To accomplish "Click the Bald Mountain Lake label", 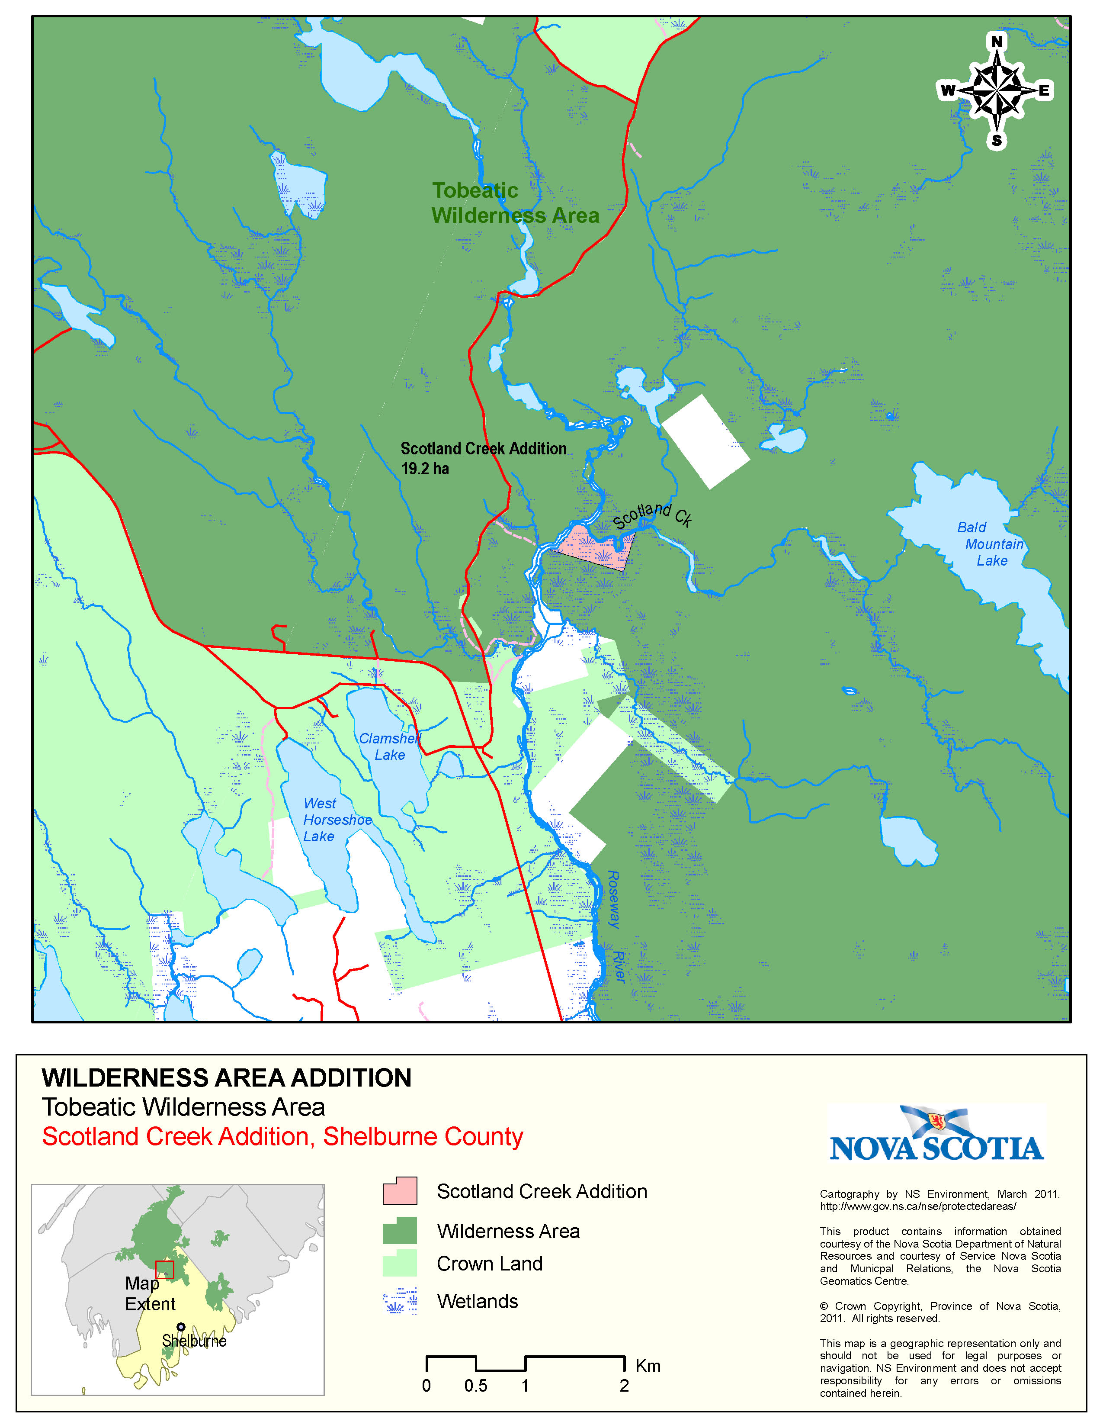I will (990, 544).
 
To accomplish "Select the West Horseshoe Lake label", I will (337, 820).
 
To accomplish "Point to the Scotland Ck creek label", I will (652, 515).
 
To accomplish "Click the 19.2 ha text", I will (425, 469).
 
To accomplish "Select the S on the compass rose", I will (997, 141).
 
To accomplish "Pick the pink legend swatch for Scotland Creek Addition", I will (400, 1191).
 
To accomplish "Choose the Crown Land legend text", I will (489, 1264).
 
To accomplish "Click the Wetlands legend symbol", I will (400, 1301).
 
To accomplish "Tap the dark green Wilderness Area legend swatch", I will (400, 1231).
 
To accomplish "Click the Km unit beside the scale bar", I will (648, 1366).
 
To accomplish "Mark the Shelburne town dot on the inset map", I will (181, 1327).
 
